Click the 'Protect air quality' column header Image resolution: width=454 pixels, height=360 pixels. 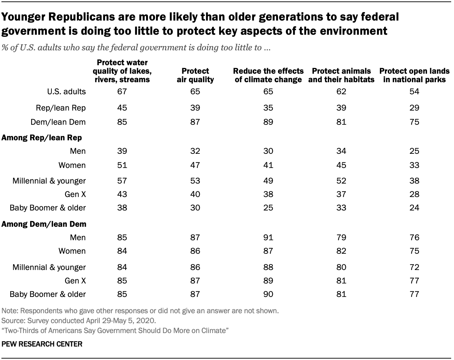(x=195, y=75)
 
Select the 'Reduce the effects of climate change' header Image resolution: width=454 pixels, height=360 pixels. (x=268, y=75)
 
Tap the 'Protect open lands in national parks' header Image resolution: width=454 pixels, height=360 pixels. (x=414, y=75)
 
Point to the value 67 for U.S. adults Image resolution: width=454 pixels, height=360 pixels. (x=122, y=91)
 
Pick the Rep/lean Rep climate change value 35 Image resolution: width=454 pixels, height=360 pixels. (x=268, y=108)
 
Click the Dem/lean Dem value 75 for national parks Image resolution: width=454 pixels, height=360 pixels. (x=414, y=122)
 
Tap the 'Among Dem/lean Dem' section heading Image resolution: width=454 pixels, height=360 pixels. (x=44, y=224)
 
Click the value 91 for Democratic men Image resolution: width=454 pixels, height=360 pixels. (x=268, y=237)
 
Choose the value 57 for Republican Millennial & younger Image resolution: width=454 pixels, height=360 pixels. (x=122, y=181)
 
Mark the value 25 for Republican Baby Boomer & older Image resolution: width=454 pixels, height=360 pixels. (x=268, y=208)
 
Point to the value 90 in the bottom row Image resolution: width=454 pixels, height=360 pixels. (x=268, y=294)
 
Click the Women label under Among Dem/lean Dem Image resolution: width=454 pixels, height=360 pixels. (x=72, y=251)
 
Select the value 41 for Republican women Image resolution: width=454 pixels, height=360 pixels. (x=268, y=165)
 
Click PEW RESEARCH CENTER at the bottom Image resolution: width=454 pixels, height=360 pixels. (x=42, y=344)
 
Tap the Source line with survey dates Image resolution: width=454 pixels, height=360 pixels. (x=79, y=321)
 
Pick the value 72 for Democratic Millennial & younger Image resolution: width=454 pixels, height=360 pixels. (x=414, y=267)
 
